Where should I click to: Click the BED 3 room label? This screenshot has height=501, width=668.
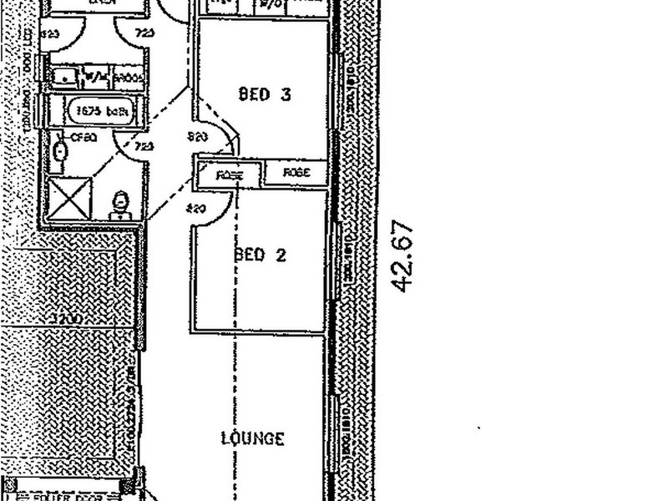[264, 94]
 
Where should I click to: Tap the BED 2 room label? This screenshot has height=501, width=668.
[261, 255]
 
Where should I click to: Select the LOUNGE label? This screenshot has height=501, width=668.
[253, 438]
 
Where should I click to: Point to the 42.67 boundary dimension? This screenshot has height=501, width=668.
[403, 256]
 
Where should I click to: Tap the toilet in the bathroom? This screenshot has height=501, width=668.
[121, 204]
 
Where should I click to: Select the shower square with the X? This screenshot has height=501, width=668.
[69, 197]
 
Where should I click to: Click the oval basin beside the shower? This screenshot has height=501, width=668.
[59, 151]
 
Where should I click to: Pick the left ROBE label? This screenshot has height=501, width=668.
[228, 175]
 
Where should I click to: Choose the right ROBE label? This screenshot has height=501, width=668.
[296, 173]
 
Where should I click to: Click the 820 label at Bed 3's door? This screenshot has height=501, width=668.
[198, 136]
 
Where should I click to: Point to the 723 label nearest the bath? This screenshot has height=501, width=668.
[144, 147]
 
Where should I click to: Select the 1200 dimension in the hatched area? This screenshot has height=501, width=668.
[63, 318]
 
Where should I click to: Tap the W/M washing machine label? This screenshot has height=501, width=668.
[97, 78]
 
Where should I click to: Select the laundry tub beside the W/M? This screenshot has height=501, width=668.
[65, 78]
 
